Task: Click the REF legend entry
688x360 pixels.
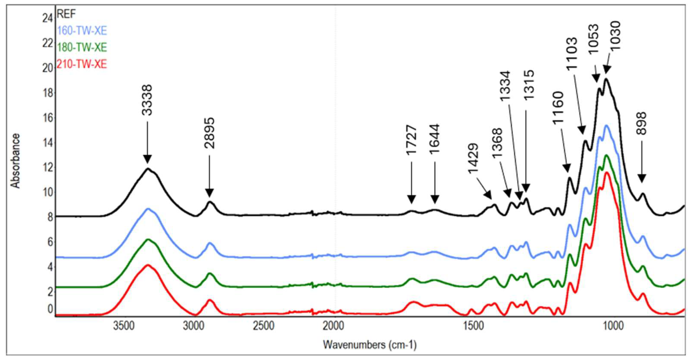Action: [x=67, y=14]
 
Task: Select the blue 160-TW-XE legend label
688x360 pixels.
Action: [x=82, y=31]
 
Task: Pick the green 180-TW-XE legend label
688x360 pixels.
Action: [x=82, y=47]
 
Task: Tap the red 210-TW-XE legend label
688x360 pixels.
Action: [x=82, y=64]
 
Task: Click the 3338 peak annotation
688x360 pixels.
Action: [x=147, y=100]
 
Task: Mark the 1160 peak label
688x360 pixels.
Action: [x=558, y=108]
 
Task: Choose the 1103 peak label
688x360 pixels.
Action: [x=572, y=53]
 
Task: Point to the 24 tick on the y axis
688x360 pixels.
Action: [x=47, y=19]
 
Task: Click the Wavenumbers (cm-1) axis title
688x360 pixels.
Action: [x=370, y=344]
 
